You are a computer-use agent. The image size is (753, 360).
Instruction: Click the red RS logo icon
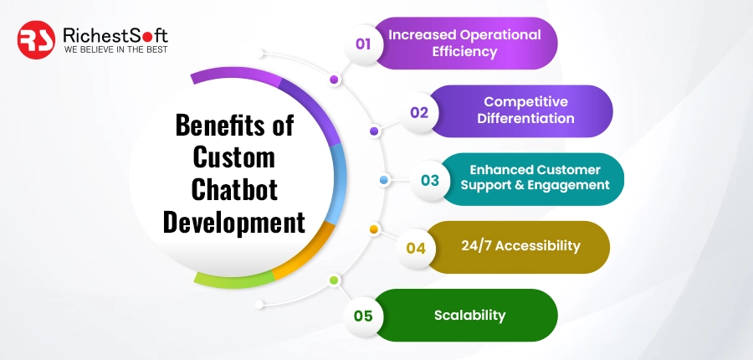click(37, 40)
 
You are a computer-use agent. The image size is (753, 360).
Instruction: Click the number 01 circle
click(363, 44)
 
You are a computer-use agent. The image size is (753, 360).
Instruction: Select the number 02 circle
click(419, 111)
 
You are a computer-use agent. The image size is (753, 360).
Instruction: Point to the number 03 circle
click(430, 179)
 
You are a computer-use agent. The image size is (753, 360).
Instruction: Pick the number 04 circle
click(416, 248)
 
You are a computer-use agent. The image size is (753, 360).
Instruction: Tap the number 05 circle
click(363, 316)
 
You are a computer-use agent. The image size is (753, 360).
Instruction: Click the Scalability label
click(469, 316)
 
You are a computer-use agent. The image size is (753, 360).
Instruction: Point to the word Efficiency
click(464, 52)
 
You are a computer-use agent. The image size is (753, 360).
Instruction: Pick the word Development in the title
click(234, 222)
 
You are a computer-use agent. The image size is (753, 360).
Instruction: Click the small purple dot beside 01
click(335, 80)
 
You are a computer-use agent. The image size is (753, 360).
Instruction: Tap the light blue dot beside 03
click(384, 179)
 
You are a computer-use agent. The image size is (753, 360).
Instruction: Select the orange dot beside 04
click(374, 229)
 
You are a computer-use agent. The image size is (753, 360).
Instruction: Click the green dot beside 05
click(334, 280)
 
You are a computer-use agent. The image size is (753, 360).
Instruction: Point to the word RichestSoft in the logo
click(115, 35)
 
